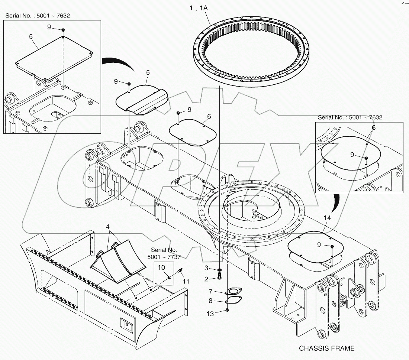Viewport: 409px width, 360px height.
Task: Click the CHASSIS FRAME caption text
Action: [327, 348]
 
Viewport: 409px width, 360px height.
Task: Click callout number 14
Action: [327, 218]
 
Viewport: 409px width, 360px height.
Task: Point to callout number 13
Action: [210, 314]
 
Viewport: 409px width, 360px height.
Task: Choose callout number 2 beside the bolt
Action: [210, 279]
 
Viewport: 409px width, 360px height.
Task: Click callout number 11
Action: [186, 281]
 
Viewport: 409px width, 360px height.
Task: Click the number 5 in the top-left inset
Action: [31, 36]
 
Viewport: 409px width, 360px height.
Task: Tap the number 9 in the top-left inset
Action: [49, 27]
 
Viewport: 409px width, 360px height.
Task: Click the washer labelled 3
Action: [220, 269]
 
